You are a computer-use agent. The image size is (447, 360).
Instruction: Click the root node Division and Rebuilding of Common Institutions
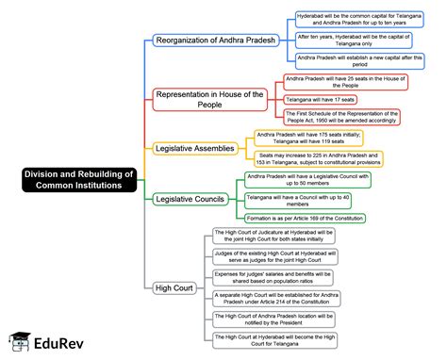click(79, 179)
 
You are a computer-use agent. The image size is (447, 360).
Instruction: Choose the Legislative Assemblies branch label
click(196, 148)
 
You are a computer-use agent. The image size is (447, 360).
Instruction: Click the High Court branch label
click(174, 286)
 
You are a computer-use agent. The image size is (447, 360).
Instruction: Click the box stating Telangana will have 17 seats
click(325, 99)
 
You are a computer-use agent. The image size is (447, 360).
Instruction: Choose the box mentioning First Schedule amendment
click(345, 118)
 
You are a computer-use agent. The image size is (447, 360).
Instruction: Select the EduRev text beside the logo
click(55, 343)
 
